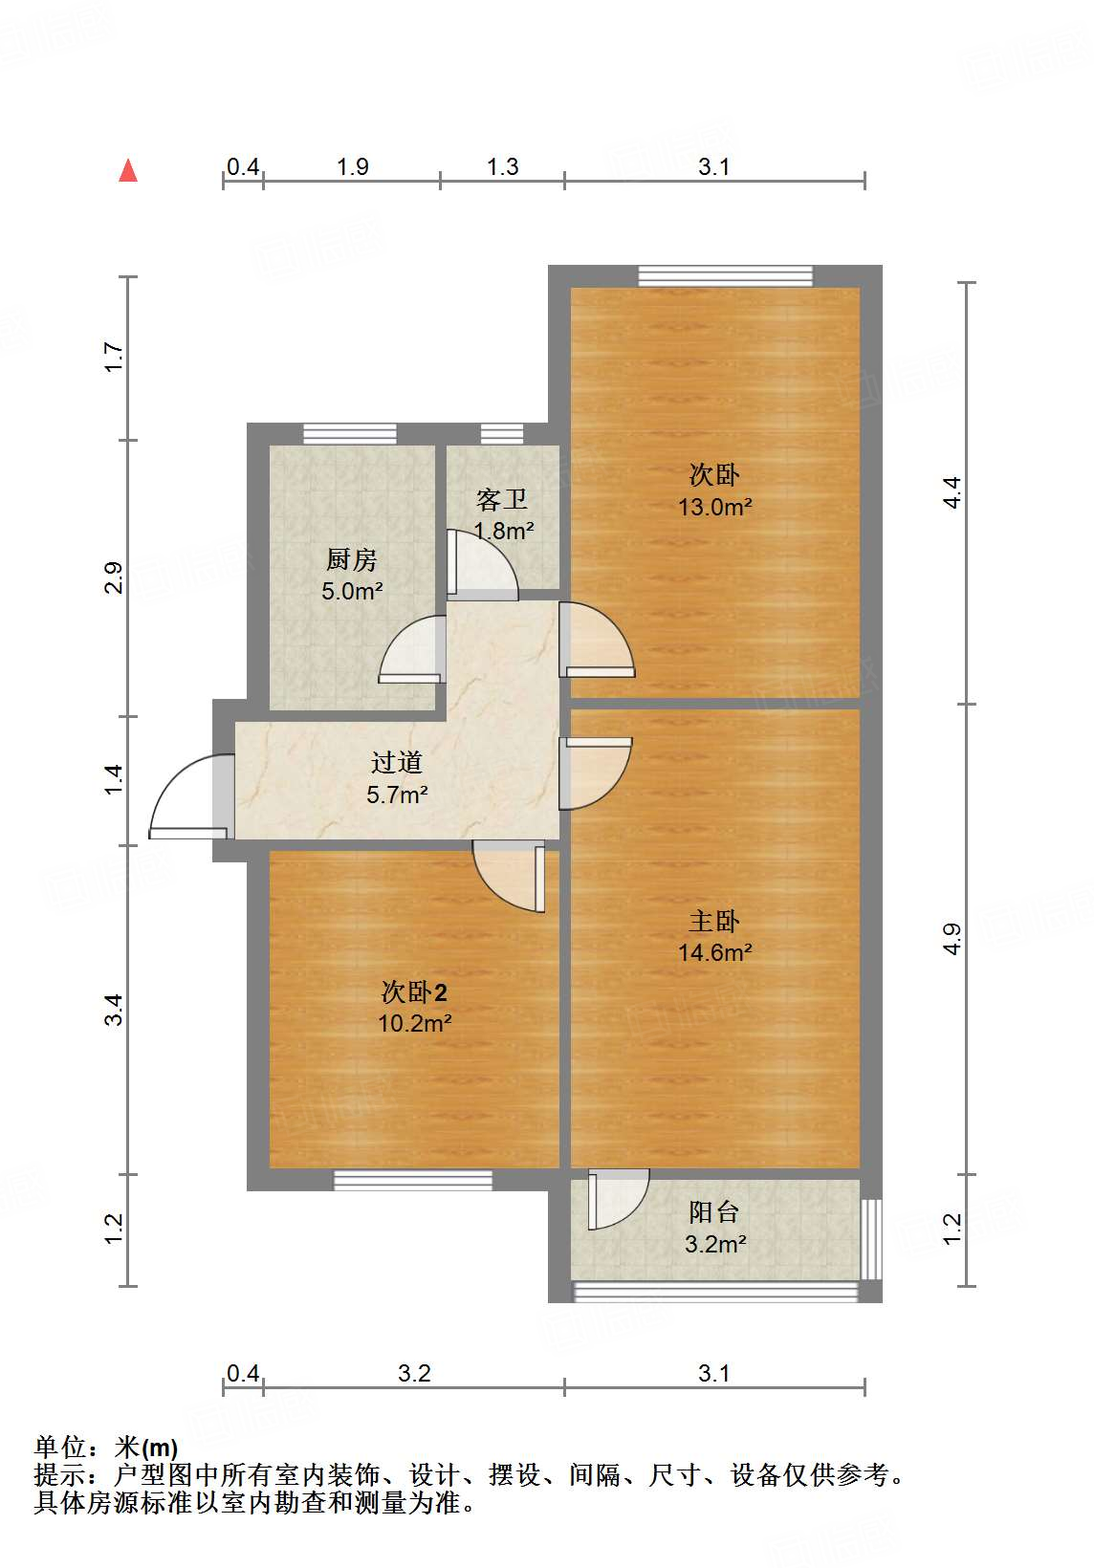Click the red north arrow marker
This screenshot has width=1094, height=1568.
pos(128,171)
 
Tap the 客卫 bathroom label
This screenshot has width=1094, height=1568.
pos(502,499)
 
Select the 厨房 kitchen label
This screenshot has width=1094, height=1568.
pos(352,559)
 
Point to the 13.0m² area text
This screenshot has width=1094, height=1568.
pos(715,507)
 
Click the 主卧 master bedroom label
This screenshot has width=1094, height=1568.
pos(714,921)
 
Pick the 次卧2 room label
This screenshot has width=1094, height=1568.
pos(414,992)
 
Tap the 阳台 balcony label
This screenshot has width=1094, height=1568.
pos(714,1212)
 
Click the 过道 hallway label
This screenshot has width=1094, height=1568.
pos(397,762)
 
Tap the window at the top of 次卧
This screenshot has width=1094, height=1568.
pos(725,275)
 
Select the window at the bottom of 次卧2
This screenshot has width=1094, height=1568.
pos(413,1180)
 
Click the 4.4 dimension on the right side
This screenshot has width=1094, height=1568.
pos(952,492)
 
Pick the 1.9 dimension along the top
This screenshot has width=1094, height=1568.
pos(353,167)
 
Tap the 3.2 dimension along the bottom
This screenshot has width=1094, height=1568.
pos(414,1374)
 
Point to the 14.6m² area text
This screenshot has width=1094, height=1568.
pos(715,952)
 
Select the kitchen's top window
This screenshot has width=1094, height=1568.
pos(349,434)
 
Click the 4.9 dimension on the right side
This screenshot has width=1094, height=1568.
pos(952,939)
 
